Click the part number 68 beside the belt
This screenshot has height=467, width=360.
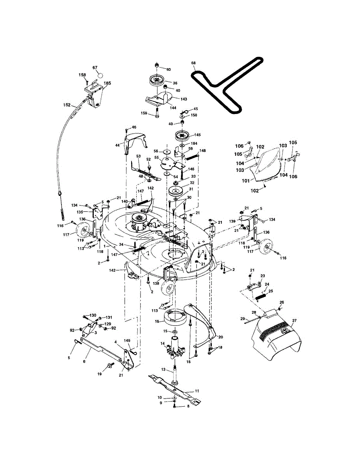(x=193, y=63)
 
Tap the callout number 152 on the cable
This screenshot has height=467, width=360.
(x=67, y=105)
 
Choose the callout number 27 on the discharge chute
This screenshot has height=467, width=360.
(x=294, y=320)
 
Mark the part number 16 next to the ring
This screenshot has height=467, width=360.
(x=157, y=321)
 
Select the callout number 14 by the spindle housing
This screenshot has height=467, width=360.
(x=163, y=344)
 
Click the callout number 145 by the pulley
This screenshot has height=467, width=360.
(x=198, y=135)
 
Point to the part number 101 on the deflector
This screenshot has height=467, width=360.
(x=246, y=180)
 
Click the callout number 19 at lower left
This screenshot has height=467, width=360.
(x=100, y=374)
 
